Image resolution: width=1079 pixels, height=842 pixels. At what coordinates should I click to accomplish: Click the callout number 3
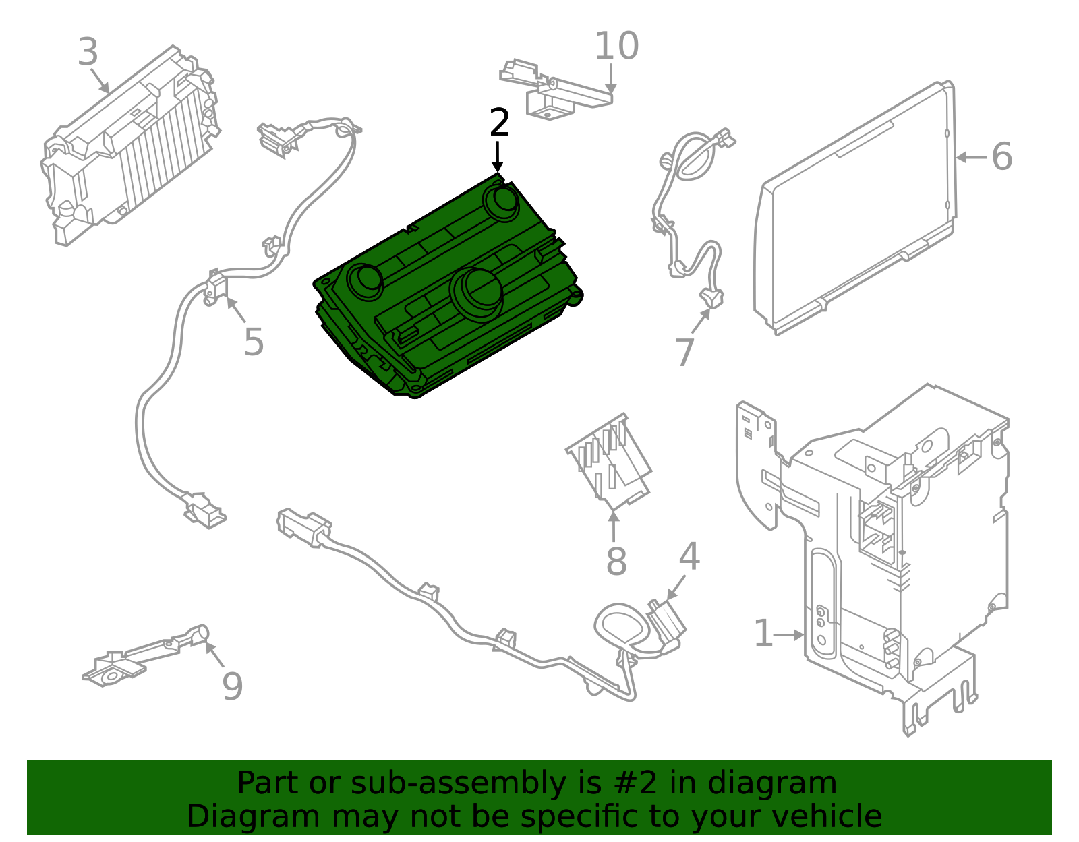click(x=88, y=53)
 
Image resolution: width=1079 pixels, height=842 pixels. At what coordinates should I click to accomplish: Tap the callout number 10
click(x=616, y=47)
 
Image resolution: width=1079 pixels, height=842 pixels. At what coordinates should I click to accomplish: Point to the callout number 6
click(x=1001, y=156)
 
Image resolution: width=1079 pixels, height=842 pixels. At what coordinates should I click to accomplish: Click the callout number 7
click(x=684, y=353)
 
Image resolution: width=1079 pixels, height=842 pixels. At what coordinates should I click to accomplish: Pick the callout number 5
click(x=254, y=342)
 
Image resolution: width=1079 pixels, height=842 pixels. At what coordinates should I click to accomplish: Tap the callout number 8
click(x=616, y=561)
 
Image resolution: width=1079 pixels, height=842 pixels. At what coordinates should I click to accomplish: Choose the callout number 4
click(x=689, y=557)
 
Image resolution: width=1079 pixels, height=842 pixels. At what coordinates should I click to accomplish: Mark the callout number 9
click(x=232, y=686)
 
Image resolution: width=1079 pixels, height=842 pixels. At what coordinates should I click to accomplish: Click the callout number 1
click(x=763, y=634)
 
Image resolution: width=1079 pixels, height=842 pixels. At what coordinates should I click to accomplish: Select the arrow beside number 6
click(x=971, y=157)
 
